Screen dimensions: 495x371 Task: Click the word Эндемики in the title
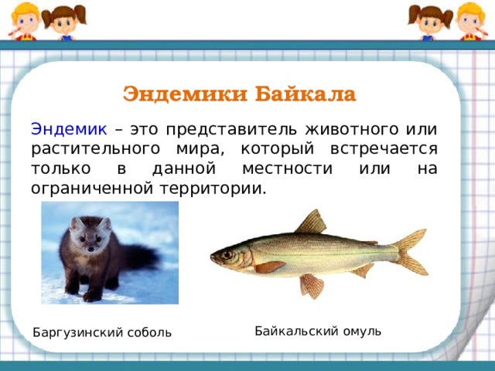click(185, 94)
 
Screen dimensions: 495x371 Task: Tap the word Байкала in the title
click(306, 94)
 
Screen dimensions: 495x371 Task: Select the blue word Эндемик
click(69, 129)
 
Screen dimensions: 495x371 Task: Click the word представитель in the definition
click(231, 130)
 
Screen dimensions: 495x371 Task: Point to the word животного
click(351, 129)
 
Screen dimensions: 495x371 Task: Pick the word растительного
click(95, 149)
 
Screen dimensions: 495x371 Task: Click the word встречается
click(384, 149)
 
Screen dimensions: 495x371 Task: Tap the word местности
click(287, 168)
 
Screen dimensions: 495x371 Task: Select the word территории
click(211, 189)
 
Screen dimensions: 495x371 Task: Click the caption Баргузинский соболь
click(102, 332)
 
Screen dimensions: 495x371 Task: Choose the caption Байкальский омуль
click(318, 332)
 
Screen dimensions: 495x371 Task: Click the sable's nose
click(91, 249)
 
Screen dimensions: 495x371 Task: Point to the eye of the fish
click(227, 254)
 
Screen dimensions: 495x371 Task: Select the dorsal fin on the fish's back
click(311, 222)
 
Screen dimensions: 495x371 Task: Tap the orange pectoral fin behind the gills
click(269, 267)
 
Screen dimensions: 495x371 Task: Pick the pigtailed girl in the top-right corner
click(430, 22)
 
